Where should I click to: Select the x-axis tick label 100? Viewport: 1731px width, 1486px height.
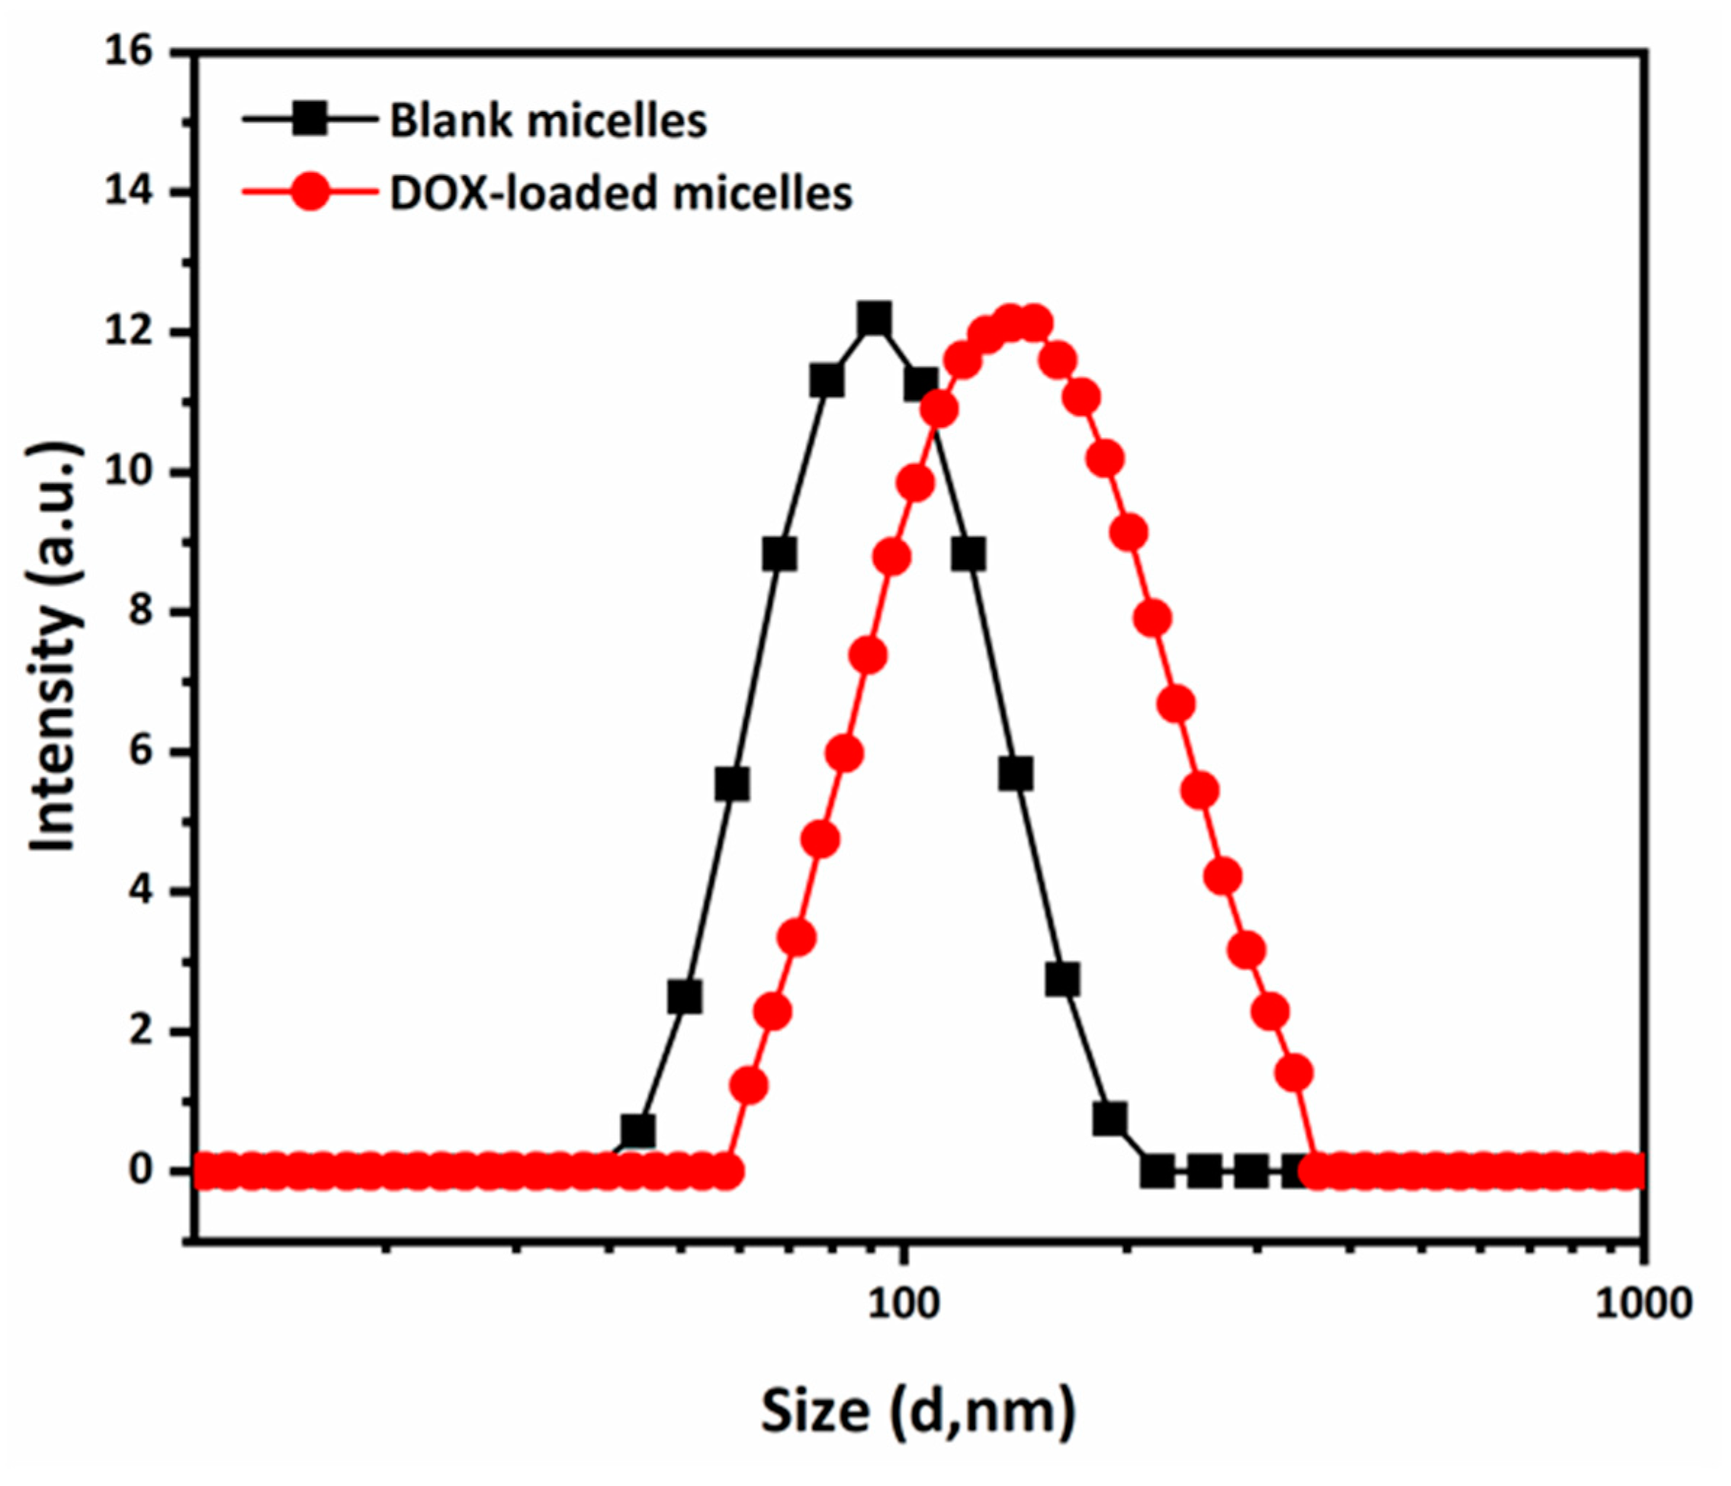tap(903, 1303)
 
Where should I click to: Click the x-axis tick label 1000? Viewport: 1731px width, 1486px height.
tap(1643, 1303)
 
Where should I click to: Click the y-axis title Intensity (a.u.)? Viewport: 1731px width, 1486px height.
tap(55, 648)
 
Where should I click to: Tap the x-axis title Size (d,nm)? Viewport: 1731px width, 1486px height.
tap(917, 1410)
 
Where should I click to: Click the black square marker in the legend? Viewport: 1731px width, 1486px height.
tap(310, 120)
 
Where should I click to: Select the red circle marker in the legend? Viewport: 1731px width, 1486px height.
tap(310, 192)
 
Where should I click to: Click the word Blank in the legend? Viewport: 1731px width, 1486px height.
tap(451, 120)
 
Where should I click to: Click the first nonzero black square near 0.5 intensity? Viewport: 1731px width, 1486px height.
tap(638, 1132)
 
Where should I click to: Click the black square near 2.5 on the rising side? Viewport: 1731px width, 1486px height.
tap(685, 997)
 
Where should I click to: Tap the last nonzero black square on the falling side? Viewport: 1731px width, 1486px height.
tap(1109, 1119)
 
